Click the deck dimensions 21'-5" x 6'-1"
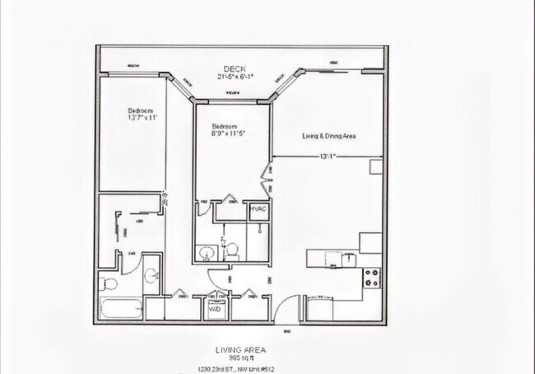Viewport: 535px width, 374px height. pos(235,77)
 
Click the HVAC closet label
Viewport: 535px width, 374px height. pos(258,210)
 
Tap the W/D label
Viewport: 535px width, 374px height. pos(214,310)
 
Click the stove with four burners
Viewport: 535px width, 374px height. pos(370,276)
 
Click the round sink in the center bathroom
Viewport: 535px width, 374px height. pos(207,252)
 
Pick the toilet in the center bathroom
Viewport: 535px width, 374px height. pos(233,249)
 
